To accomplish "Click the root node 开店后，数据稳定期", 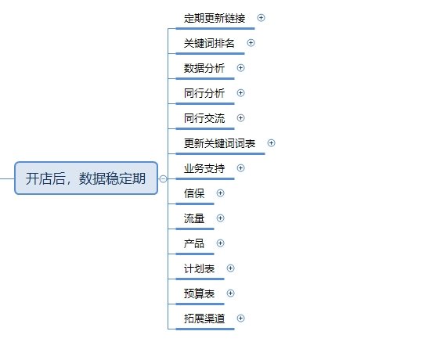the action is pyautogui.click(x=86, y=178).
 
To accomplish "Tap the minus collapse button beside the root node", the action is pyautogui.click(x=163, y=178).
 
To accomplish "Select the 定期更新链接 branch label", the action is pyautogui.click(x=215, y=18).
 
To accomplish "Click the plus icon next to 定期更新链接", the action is pyautogui.click(x=261, y=18).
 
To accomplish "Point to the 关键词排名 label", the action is pyautogui.click(x=209, y=43).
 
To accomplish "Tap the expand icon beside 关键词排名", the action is pyautogui.click(x=251, y=42).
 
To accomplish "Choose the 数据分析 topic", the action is pyautogui.click(x=204, y=68).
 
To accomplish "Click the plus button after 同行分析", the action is pyautogui.click(x=241, y=93).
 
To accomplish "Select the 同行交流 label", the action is pyautogui.click(x=204, y=118).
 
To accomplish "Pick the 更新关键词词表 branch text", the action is pyautogui.click(x=219, y=143).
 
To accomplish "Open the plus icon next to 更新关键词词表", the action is pyautogui.click(x=271, y=142).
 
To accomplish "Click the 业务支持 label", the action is pyautogui.click(x=204, y=168).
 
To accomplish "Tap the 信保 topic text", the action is pyautogui.click(x=194, y=193).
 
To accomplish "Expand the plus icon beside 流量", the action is pyautogui.click(x=221, y=218).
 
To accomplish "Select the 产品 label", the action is pyautogui.click(x=194, y=243).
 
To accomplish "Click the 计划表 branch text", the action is pyautogui.click(x=199, y=268).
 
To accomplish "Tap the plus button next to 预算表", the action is pyautogui.click(x=231, y=293).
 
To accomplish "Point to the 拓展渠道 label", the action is pyautogui.click(x=204, y=319).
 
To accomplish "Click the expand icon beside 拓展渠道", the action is pyautogui.click(x=241, y=319).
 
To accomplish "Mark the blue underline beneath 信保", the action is pyautogui.click(x=195, y=203).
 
